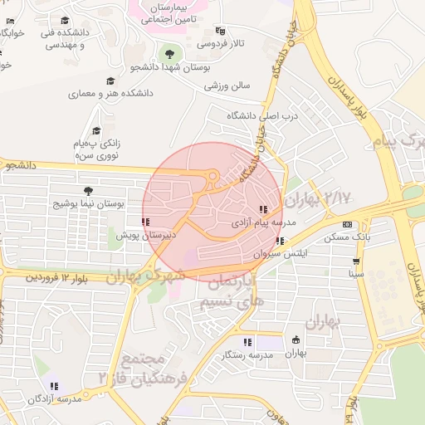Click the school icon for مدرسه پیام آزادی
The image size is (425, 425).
[263, 210]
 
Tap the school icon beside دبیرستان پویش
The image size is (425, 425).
[145, 222]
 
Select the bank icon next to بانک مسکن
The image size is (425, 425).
[346, 225]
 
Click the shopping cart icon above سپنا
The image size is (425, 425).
[356, 260]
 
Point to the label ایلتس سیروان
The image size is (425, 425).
[281, 252]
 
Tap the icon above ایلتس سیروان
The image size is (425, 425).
[280, 241]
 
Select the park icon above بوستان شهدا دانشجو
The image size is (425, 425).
[171, 55]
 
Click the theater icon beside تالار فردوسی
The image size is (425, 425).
[219, 31]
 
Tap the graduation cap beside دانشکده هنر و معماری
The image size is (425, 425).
[110, 81]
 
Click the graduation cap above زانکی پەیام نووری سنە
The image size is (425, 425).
[96, 131]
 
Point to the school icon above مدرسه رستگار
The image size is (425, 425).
[247, 342]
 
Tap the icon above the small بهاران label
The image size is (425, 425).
[296, 340]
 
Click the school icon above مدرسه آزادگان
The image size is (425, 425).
[54, 386]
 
